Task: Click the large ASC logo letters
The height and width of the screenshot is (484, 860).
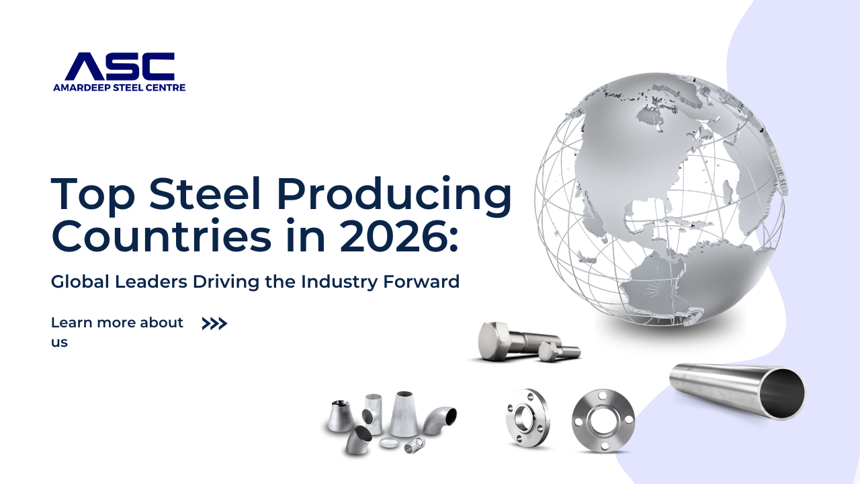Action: coord(120,66)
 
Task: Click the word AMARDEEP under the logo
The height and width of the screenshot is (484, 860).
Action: coord(81,87)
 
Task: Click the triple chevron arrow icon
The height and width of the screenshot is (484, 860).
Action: coord(214,324)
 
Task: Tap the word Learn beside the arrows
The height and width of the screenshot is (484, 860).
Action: coord(71,323)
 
